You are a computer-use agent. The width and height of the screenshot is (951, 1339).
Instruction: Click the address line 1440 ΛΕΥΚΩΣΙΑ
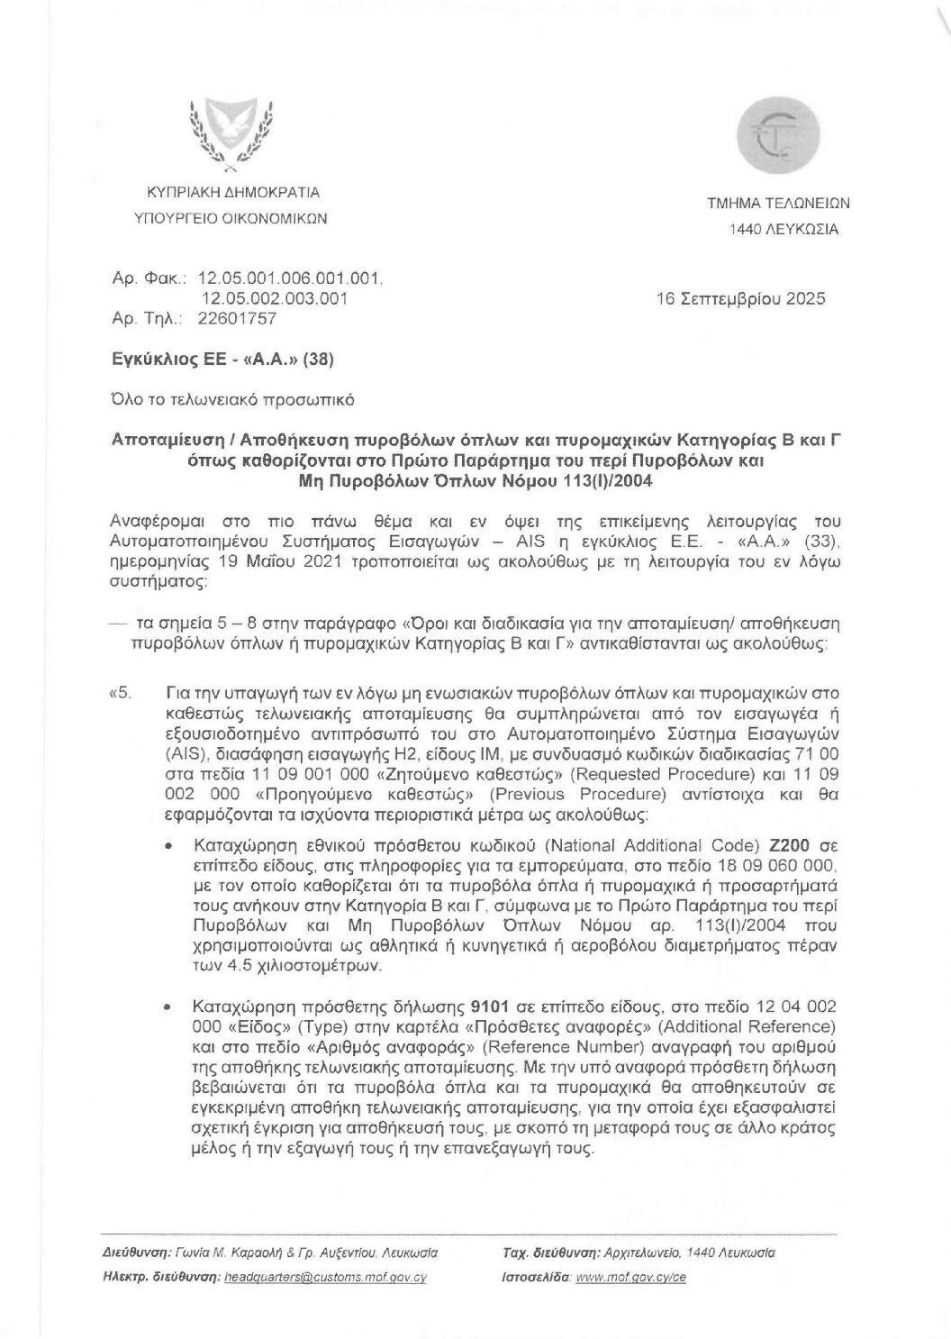point(783,229)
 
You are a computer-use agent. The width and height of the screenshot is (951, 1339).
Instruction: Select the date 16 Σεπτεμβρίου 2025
point(741,298)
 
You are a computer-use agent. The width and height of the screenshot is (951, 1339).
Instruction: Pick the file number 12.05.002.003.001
point(274,298)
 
